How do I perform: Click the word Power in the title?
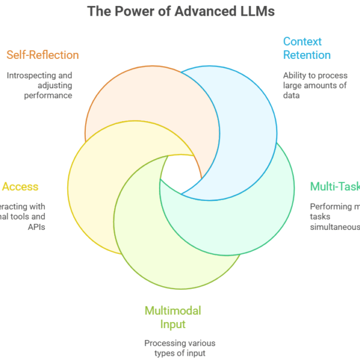point(131,11)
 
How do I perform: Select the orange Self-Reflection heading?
point(43,55)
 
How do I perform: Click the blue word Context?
point(302,41)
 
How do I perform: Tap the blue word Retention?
point(307,55)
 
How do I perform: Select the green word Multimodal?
point(172,311)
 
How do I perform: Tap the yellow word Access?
point(20,187)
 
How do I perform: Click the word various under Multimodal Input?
point(201,343)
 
